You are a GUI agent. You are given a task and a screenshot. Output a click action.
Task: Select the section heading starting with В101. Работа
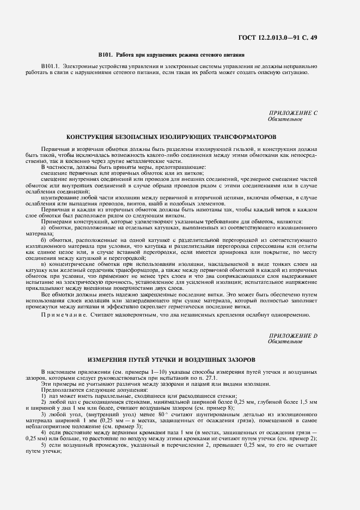(x=171, y=55)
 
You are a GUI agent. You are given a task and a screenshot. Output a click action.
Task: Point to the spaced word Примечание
(x=62, y=315)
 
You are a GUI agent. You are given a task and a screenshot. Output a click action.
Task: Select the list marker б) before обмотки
(x=44, y=239)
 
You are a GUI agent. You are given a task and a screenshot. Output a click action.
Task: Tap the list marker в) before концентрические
(x=44, y=263)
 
